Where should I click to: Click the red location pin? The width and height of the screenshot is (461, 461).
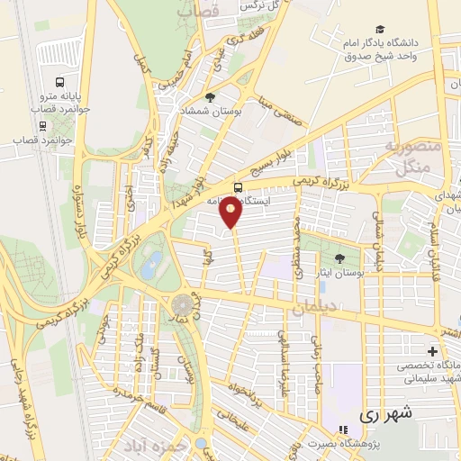click(x=232, y=212)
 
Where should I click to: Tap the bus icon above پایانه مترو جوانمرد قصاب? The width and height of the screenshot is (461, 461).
click(x=59, y=78)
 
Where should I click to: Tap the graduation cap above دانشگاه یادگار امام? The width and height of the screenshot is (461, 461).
click(x=381, y=30)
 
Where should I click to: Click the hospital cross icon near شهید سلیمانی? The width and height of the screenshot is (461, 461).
click(x=432, y=350)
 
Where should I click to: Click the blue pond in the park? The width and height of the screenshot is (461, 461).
click(x=154, y=264)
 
